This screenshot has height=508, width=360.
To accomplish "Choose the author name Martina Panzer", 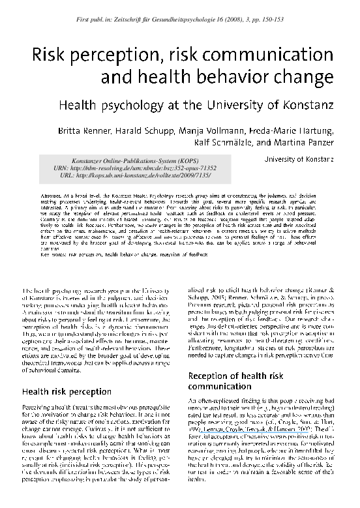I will pos(308,142).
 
